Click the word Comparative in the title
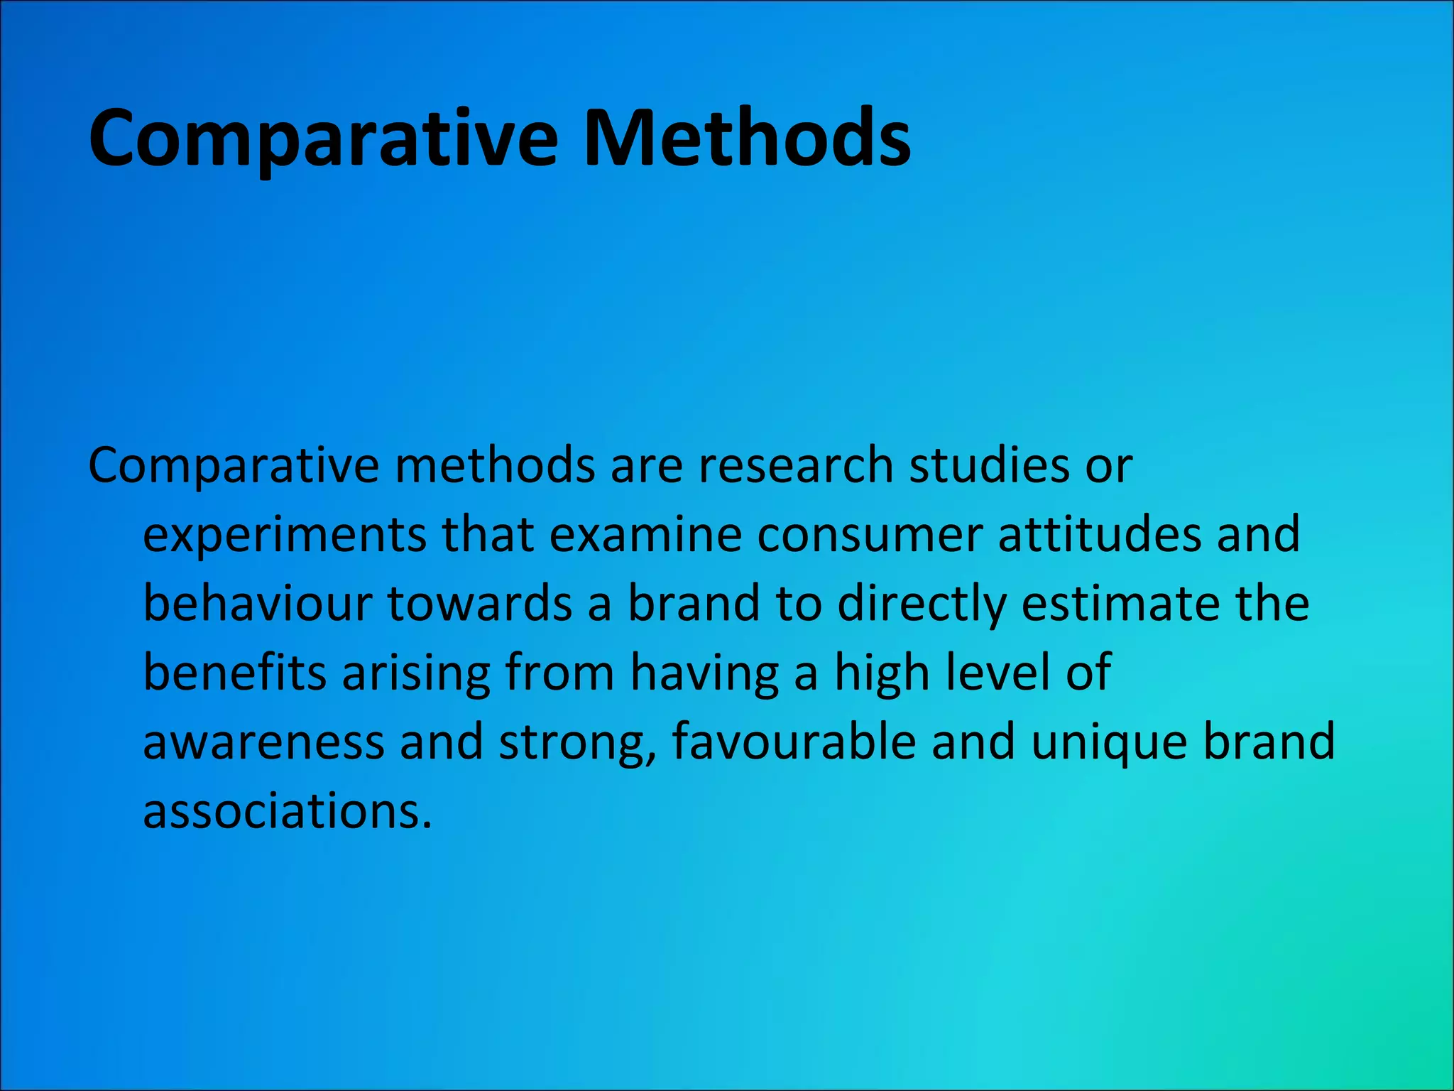(323, 139)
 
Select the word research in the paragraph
(795, 466)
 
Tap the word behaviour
(257, 603)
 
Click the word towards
(480, 603)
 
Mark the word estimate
(1120, 603)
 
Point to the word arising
(416, 674)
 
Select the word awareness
(263, 742)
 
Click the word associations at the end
(287, 810)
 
